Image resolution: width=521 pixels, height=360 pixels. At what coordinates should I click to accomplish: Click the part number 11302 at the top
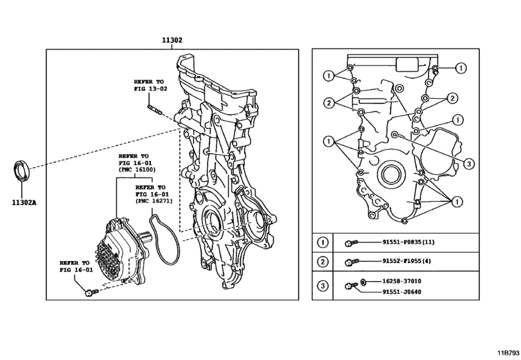172,40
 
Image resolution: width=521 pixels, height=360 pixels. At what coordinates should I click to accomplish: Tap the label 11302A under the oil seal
24,201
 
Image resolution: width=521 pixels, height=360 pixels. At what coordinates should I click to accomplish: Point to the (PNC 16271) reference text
152,201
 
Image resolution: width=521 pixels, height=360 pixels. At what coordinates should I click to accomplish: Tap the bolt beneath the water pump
91,292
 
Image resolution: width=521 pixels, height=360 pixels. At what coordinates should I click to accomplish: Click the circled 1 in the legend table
322,242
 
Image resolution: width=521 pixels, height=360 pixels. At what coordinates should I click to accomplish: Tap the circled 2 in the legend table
322,262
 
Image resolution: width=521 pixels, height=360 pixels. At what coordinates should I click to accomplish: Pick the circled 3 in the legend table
322,286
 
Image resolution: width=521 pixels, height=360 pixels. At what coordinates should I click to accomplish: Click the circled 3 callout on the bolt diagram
470,164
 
